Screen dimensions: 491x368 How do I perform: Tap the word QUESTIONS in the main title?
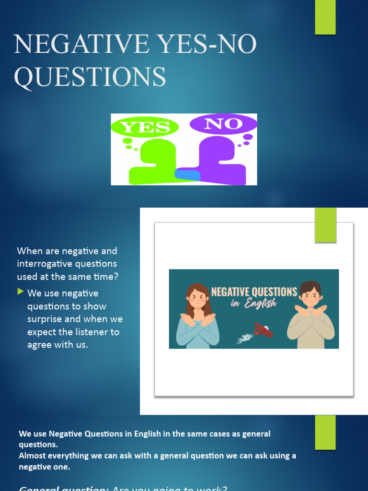pyautogui.click(x=90, y=77)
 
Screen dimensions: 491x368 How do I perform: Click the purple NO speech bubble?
pyautogui.click(x=223, y=124)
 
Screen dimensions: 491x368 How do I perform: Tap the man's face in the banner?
pyautogui.click(x=310, y=296)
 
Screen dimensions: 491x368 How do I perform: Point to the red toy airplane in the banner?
pyautogui.click(x=263, y=330)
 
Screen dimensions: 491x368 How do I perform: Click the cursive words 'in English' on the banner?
pyautogui.click(x=253, y=303)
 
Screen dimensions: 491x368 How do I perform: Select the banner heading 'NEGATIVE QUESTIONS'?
pyautogui.click(x=254, y=292)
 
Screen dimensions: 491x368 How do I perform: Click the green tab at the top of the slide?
pyautogui.click(x=325, y=17)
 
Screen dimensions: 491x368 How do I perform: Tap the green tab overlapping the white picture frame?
pyautogui.click(x=325, y=225)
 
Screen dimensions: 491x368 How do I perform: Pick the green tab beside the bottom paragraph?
pyautogui.click(x=325, y=432)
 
